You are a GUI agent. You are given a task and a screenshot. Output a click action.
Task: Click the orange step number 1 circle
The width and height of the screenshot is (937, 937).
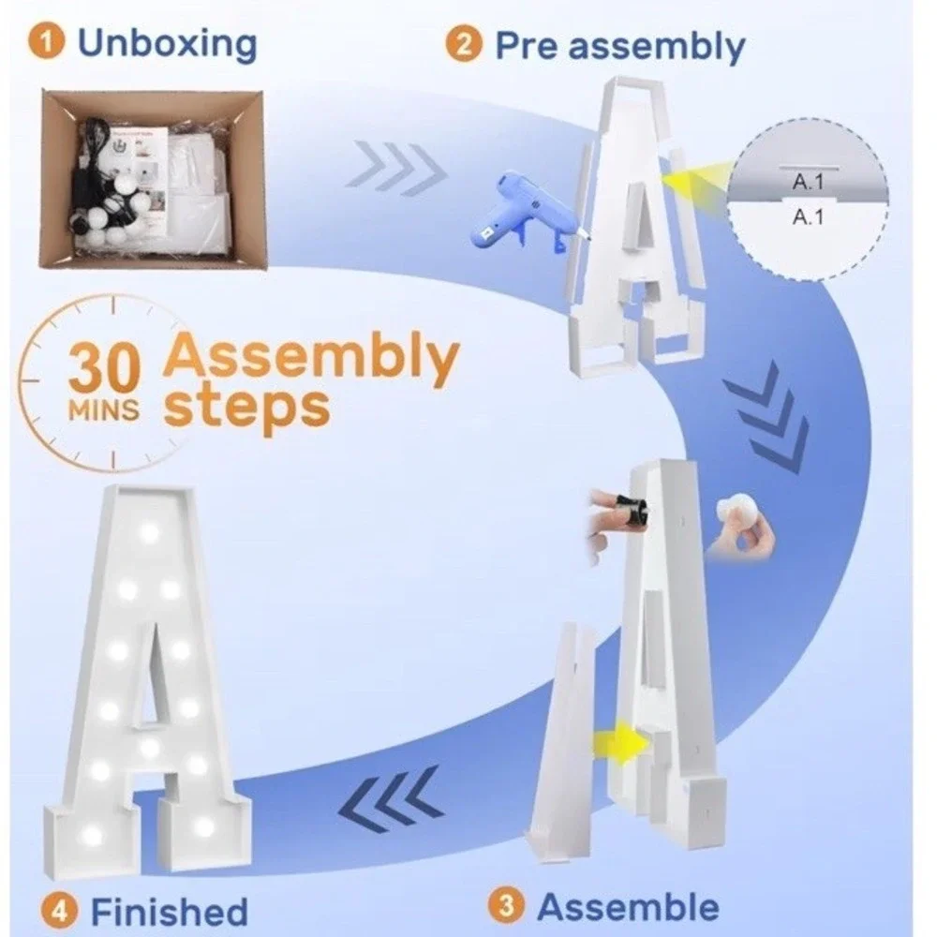coord(46,42)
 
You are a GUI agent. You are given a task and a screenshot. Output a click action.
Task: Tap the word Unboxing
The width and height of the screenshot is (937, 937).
coord(168,44)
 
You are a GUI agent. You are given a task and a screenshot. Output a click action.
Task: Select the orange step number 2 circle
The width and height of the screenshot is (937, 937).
coord(463,44)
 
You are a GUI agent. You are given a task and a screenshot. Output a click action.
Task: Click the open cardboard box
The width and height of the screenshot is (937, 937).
coord(153,178)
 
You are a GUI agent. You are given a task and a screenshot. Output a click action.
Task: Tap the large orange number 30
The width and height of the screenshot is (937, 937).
coord(104,368)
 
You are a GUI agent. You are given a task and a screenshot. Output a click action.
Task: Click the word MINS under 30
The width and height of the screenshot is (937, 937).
coord(103,410)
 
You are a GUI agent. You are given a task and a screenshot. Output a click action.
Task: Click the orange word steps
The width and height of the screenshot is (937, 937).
coord(246,408)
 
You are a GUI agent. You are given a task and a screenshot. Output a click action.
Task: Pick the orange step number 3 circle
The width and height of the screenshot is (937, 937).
coord(506,905)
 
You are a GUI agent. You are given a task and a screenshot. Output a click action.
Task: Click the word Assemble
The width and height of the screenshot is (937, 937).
coord(628,906)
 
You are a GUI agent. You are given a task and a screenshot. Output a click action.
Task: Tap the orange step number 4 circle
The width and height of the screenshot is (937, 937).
coord(59,912)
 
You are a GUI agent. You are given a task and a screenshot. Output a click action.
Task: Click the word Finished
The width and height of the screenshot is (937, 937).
coord(169,912)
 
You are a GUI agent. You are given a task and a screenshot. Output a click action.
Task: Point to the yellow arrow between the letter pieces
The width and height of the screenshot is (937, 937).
coord(621,743)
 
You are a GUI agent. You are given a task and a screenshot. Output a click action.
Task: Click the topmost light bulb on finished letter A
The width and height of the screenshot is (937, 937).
coord(148,532)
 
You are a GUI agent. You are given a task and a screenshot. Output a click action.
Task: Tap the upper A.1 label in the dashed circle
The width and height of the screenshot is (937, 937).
coord(808,182)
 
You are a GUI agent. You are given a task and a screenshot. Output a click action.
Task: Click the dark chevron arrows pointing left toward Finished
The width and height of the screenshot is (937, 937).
coord(392,801)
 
